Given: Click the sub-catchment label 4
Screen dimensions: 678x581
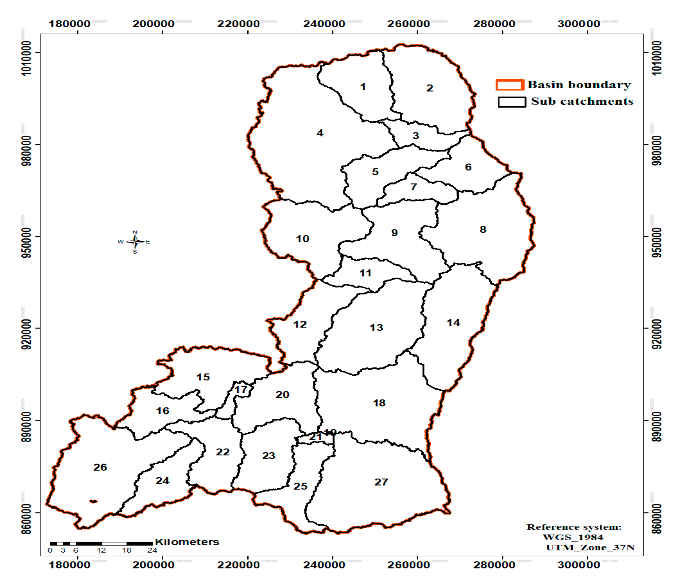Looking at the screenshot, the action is tap(320, 133).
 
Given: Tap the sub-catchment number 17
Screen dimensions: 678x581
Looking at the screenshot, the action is tap(241, 389).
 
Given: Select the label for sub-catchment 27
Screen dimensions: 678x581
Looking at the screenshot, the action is tap(381, 482).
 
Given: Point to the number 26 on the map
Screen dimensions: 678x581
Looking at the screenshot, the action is tap(100, 467).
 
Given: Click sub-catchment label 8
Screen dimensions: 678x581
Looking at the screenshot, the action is tap(483, 229).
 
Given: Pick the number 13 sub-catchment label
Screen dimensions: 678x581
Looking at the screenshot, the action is tap(376, 327).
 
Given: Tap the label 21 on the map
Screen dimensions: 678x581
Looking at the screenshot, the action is tap(315, 437).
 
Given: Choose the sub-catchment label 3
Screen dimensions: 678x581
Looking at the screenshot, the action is tap(416, 136).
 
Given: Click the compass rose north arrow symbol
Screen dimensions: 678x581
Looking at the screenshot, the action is tap(135, 242).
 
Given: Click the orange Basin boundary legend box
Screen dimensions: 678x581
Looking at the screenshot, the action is tap(509, 85).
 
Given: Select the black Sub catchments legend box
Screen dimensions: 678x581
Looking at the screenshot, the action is tap(512, 102).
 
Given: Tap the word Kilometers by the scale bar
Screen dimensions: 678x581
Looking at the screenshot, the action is tap(187, 542).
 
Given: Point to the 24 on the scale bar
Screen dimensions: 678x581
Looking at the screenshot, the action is tap(152, 550).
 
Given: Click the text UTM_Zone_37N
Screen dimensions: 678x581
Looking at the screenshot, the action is tap(590, 547).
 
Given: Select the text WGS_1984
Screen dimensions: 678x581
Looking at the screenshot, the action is tap(573, 537).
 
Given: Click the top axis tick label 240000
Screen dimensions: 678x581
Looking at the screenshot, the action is tap(324, 24).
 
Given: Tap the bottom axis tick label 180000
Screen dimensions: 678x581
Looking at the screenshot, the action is tap(69, 565).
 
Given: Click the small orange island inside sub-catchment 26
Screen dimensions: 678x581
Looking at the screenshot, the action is tap(93, 501).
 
